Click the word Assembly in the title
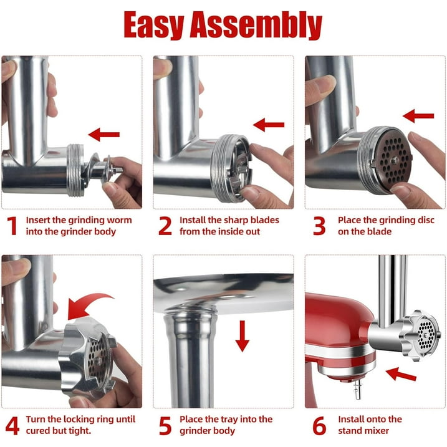(x=261, y=26)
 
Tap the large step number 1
(x=12, y=226)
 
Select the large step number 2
(x=165, y=226)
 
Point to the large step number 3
(x=319, y=226)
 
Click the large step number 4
(x=12, y=426)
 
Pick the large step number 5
(x=165, y=426)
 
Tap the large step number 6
(x=319, y=426)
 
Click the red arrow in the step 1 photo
(x=104, y=133)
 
